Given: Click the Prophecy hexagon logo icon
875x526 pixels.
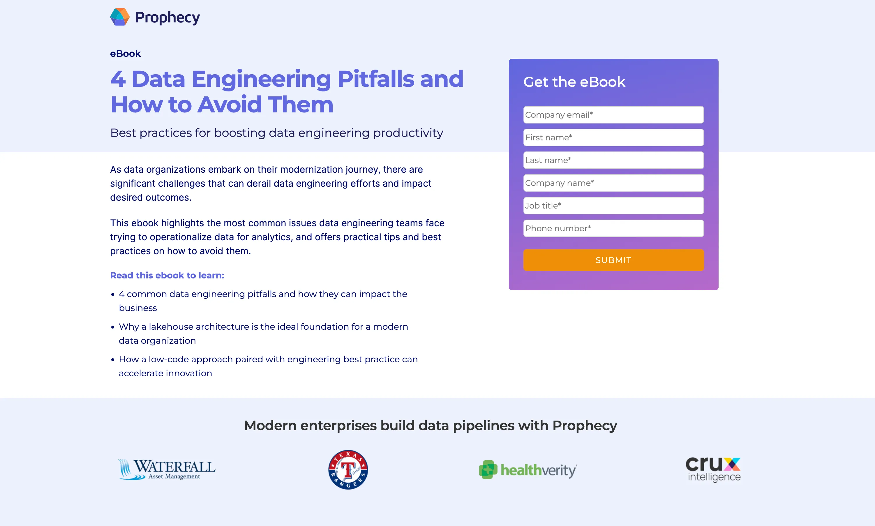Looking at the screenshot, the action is [120, 17].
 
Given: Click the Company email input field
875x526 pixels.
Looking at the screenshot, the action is [613, 115].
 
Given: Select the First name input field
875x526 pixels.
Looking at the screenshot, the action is [613, 137].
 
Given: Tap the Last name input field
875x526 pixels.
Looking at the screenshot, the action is [613, 160].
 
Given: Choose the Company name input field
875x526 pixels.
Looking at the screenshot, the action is [613, 183].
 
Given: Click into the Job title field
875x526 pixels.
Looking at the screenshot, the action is [613, 206].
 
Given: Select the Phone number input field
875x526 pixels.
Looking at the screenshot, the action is [613, 228].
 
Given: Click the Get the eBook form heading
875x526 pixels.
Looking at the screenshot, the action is [574, 82].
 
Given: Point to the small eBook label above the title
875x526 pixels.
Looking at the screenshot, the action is [126, 54].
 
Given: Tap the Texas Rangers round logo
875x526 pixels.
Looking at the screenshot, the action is [348, 469].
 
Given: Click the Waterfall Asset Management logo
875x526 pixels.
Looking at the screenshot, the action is [167, 469].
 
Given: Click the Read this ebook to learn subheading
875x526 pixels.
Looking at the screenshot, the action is [167, 276].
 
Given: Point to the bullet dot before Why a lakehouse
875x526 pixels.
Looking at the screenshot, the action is [113, 327].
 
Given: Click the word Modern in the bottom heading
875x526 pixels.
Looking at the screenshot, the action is [270, 425].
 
